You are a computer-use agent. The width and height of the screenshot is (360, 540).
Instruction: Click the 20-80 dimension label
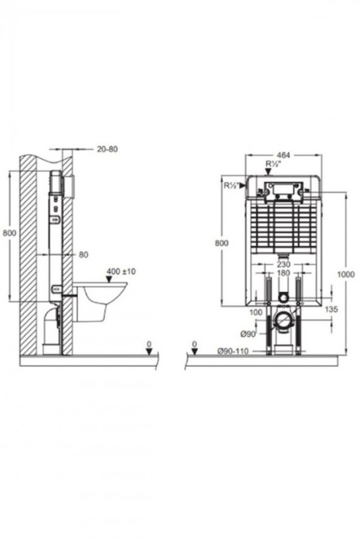tap(107, 149)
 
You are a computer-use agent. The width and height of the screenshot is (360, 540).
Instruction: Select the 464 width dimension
tap(284, 155)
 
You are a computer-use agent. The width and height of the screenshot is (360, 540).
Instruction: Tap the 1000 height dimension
tap(346, 274)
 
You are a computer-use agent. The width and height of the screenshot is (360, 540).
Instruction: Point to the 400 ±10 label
tap(121, 271)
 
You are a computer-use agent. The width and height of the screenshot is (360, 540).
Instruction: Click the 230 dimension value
tap(283, 265)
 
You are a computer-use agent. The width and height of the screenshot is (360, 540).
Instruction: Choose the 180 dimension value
tap(283, 273)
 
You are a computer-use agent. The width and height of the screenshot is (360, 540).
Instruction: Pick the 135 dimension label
tap(331, 310)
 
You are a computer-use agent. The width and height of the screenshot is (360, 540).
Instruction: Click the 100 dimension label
tap(255, 313)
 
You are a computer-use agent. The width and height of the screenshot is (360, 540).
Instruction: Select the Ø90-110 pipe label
tap(233, 351)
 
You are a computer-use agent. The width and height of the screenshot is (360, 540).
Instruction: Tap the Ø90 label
tap(247, 334)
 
